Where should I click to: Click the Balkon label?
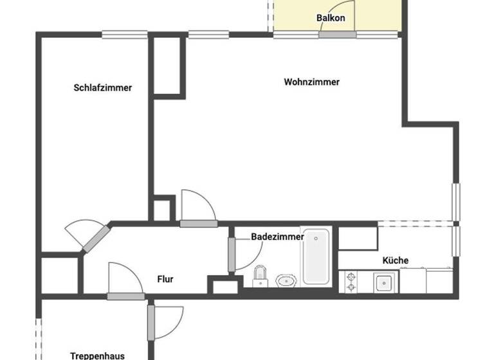coord(331,18)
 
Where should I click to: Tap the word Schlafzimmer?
coord(103,87)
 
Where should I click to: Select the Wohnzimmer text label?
coord(311,82)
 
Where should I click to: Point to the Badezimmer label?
coord(277,237)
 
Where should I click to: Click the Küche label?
coord(395,260)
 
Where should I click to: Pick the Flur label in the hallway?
coord(165,279)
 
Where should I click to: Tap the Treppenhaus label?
coord(97,355)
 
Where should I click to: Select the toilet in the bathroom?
coord(260,275)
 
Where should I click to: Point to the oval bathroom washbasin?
coord(285,280)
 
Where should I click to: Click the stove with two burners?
coord(351,282)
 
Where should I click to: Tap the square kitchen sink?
coord(385,282)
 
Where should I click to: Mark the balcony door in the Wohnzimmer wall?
coord(336,34)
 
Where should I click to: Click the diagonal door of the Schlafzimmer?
coord(94,239)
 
